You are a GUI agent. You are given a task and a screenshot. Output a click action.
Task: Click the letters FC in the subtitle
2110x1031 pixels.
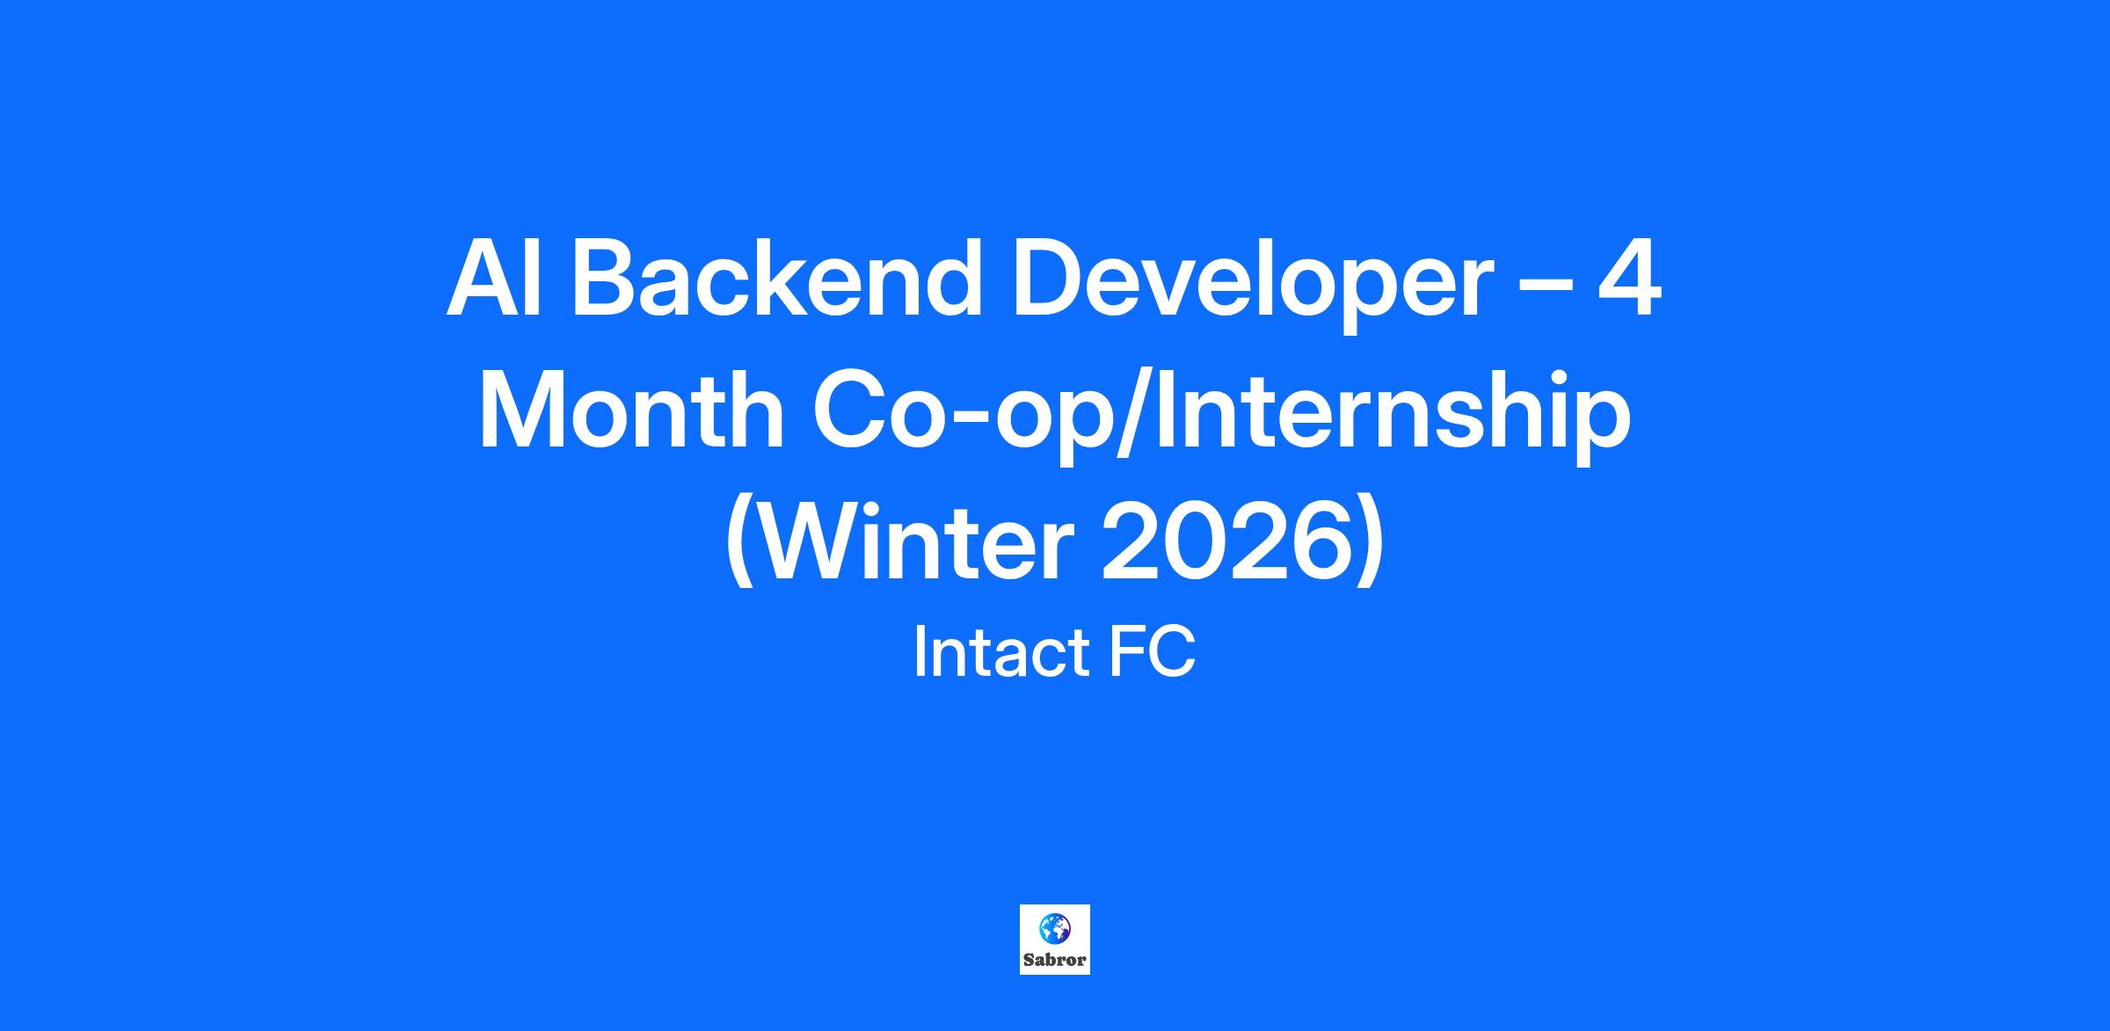[x=1152, y=652]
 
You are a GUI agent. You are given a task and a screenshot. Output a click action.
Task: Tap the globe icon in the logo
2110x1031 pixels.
[x=1055, y=928]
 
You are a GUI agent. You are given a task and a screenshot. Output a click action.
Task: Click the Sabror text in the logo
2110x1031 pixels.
[x=1055, y=960]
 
